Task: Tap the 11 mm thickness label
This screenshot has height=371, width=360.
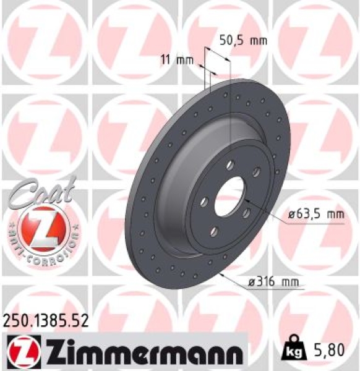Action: [173, 61]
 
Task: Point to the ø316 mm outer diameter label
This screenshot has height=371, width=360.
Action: [276, 283]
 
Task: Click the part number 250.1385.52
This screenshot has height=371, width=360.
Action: [46, 320]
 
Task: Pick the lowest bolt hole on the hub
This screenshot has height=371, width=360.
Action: [214, 231]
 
